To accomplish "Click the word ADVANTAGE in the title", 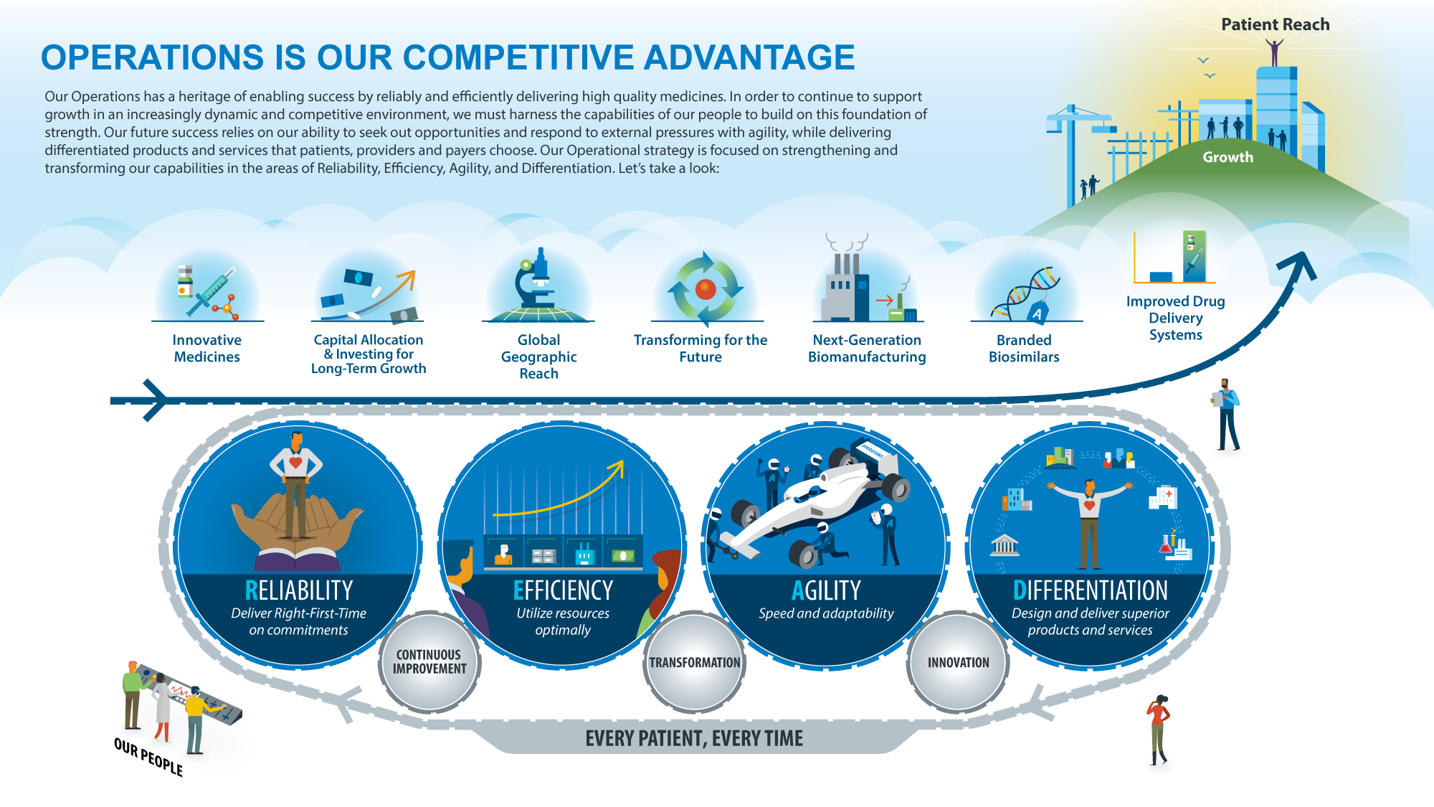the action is click(749, 57).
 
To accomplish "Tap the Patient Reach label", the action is click(1276, 24).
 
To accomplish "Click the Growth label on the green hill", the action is click(1228, 157).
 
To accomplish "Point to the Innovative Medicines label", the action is click(207, 349).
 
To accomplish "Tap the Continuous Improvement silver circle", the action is click(429, 661).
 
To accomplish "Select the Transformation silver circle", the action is click(694, 662).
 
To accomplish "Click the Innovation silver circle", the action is click(958, 662).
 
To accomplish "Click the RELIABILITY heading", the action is click(299, 590).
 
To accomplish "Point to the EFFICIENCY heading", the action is click(563, 590).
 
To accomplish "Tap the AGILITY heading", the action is click(826, 590).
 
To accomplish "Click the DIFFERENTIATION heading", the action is click(1090, 590).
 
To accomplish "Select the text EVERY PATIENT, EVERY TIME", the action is click(694, 738).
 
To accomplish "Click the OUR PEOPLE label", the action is click(148, 757).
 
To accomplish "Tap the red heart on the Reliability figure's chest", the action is click(295, 463).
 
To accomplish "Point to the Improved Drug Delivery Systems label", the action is click(1176, 318).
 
